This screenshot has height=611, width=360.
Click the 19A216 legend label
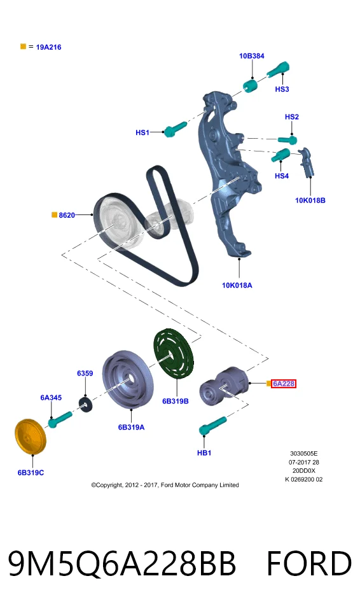tap(48, 47)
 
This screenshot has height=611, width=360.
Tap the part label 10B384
tap(252, 56)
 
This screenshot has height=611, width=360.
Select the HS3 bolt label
tap(282, 89)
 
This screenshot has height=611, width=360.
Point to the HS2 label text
tap(292, 117)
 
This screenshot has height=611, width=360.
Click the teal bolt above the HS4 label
tap(280, 155)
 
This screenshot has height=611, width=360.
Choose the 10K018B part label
tap(310, 200)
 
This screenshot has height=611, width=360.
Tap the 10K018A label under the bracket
tap(237, 285)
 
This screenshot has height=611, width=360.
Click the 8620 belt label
tap(67, 215)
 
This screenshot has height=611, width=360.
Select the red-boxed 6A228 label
tap(284, 384)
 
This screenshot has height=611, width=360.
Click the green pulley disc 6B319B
tap(172, 353)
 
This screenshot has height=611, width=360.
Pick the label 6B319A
tap(131, 428)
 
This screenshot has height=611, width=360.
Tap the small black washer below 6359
tap(86, 404)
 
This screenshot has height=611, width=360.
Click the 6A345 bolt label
tap(51, 398)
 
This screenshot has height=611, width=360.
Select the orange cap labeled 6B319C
tap(31, 437)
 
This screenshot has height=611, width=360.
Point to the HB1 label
tap(204, 453)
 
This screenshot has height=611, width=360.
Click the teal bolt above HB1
tap(212, 426)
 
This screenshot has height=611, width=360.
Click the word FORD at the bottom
tap(309, 564)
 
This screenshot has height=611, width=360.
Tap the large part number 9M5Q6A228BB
tap(122, 564)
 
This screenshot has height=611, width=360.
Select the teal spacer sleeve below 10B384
tap(250, 85)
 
